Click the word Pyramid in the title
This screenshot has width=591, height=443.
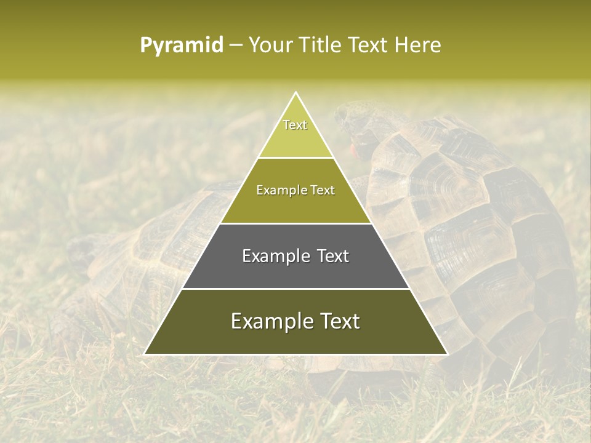click(x=182, y=45)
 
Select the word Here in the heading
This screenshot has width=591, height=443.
click(x=417, y=45)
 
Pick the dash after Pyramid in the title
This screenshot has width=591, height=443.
click(x=236, y=46)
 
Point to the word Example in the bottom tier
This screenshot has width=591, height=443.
click(x=269, y=322)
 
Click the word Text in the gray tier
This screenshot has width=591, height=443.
click(x=334, y=256)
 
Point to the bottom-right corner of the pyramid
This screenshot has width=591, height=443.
click(x=447, y=354)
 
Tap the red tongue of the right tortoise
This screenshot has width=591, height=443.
click(x=353, y=148)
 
